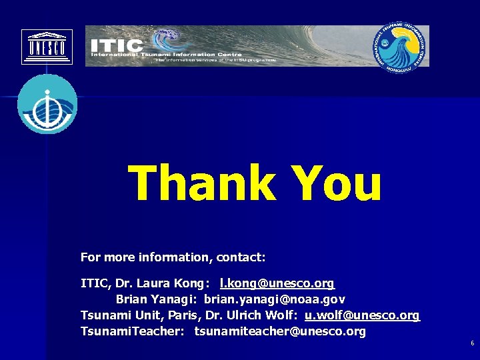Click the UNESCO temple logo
[47, 47]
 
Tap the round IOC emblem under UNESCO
[47, 104]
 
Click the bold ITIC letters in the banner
[117, 45]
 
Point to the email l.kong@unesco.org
[277, 284]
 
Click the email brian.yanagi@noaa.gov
[275, 300]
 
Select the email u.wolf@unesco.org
[362, 315]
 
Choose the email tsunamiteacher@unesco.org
[280, 331]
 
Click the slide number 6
[472, 343]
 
